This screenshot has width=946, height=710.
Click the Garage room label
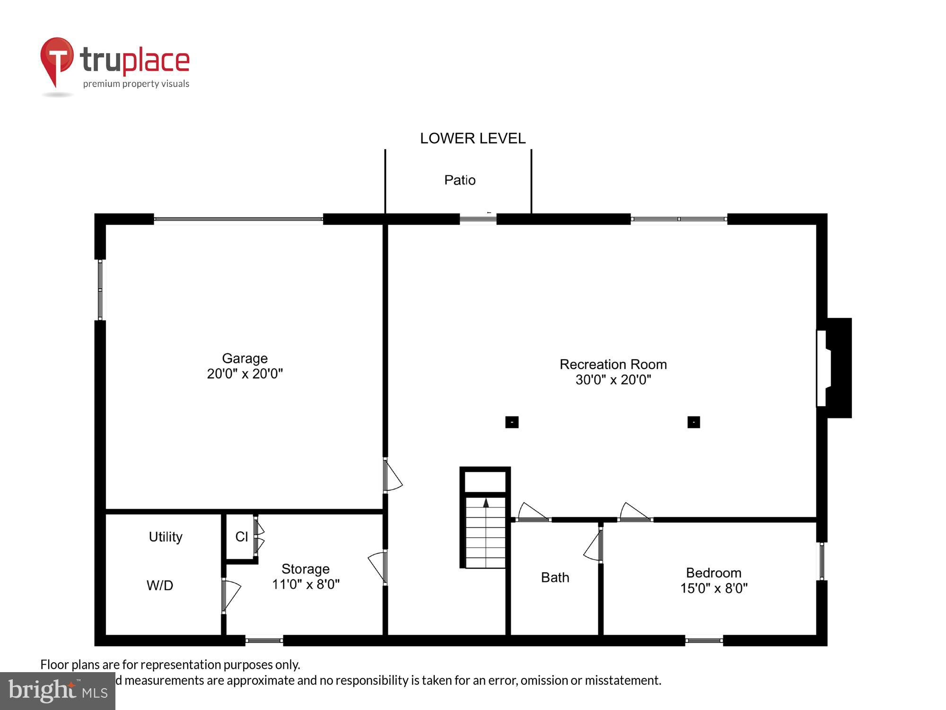click(x=245, y=358)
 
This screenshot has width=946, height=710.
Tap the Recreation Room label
click(x=613, y=364)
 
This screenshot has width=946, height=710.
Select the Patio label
click(x=460, y=180)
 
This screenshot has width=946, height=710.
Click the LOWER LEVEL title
click(x=473, y=138)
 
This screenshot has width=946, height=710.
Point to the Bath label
click(x=555, y=577)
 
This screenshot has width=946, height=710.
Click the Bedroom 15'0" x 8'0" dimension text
click(x=714, y=588)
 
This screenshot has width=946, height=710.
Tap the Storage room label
click(x=306, y=569)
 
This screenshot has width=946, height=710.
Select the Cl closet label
click(x=242, y=537)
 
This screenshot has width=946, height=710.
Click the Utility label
click(x=166, y=537)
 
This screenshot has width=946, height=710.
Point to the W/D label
click(x=160, y=586)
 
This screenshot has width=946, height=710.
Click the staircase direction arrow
click(x=485, y=503)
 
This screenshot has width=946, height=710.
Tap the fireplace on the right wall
click(x=834, y=368)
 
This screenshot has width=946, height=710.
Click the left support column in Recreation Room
click(x=512, y=422)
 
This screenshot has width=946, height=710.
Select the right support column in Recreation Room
click(x=693, y=422)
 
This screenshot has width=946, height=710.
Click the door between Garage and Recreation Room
click(x=391, y=476)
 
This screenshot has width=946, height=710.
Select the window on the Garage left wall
click(x=100, y=289)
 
